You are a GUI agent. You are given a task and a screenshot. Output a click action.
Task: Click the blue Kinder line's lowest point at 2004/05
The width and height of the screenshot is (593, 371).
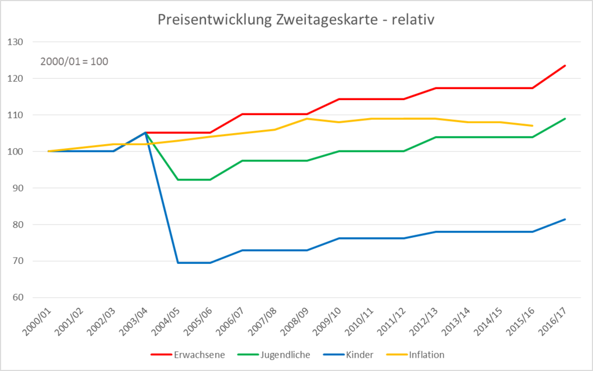178,263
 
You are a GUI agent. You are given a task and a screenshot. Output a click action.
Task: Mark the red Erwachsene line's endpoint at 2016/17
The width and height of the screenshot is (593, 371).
565,65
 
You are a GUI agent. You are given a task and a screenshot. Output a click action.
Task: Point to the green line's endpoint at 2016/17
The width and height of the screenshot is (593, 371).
565,119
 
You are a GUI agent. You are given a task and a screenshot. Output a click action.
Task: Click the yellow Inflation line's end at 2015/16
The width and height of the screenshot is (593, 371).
532,126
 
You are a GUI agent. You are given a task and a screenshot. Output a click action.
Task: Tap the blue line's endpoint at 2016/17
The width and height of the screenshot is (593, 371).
565,219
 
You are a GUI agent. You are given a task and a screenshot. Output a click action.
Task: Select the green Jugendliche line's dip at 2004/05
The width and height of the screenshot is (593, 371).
178,179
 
